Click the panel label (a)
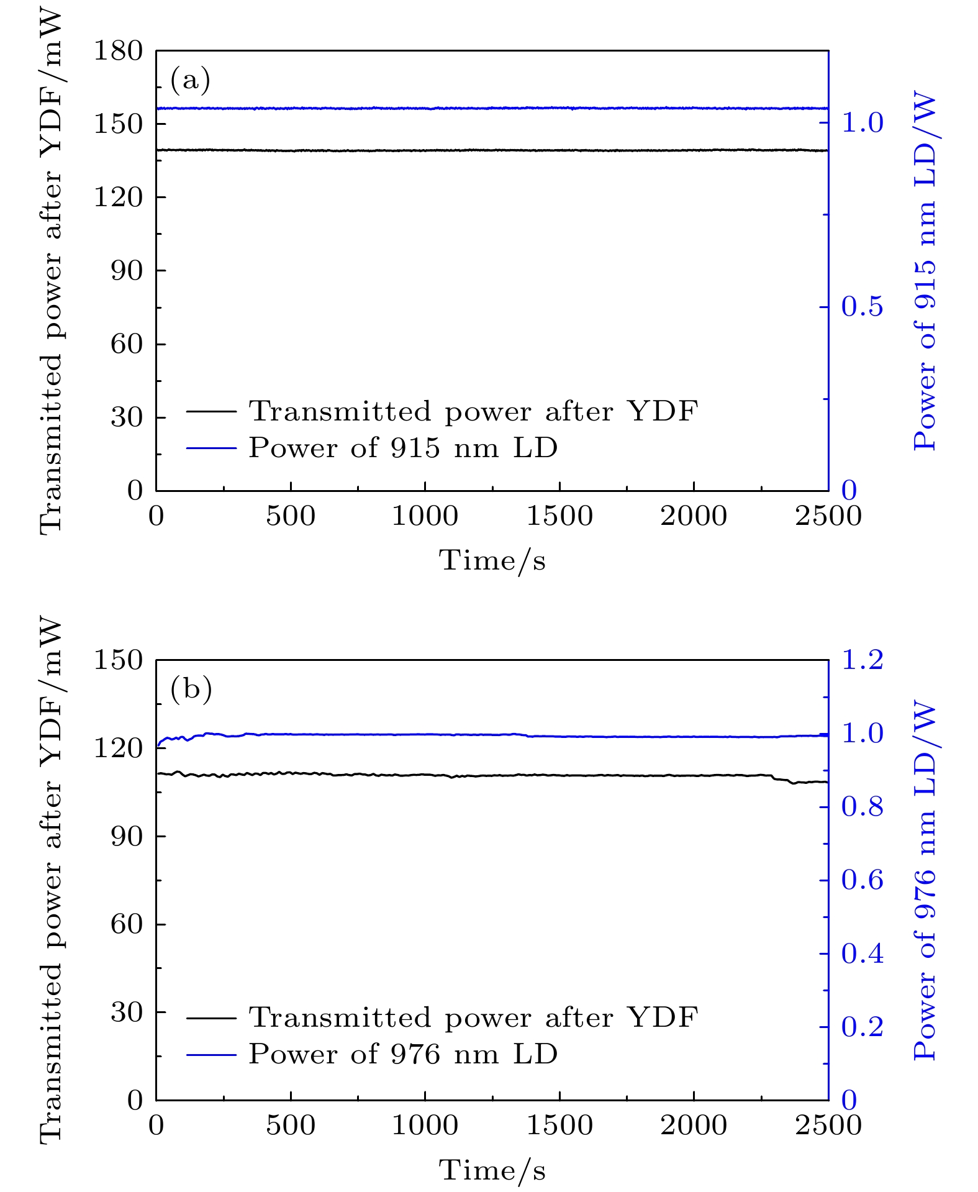tap(190, 81)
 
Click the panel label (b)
tap(191, 689)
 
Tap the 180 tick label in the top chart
tap(118, 51)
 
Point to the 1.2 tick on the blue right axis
tap(862, 660)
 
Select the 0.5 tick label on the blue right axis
tap(862, 307)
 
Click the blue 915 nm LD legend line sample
tap(211, 447)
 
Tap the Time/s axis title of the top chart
tap(492, 561)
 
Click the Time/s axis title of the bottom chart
tap(492, 1171)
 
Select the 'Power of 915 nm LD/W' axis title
tap(925, 271)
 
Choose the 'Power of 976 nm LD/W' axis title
tap(925, 881)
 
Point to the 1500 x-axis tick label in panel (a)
tap(559, 517)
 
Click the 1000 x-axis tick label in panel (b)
tap(425, 1126)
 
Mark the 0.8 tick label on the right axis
tap(862, 807)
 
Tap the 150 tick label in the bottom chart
tap(118, 660)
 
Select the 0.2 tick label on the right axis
tap(862, 1027)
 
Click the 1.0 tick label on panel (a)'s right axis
tap(862, 123)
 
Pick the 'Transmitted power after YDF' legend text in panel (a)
tap(473, 411)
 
